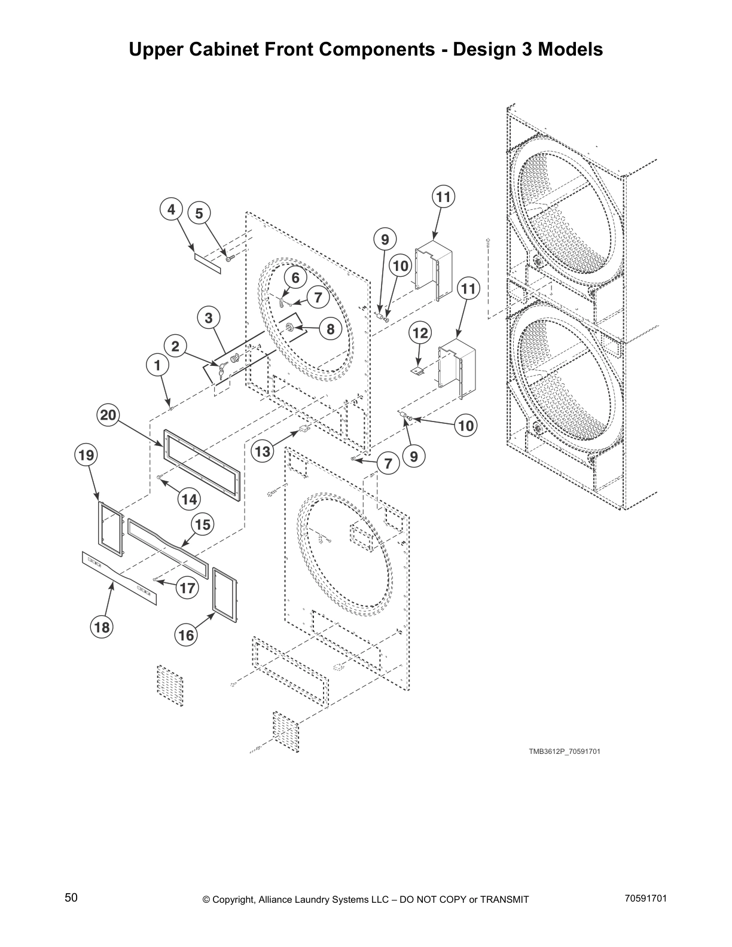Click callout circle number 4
[171, 210]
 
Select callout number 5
[199, 213]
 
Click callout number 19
[86, 456]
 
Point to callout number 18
[102, 627]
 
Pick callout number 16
[186, 635]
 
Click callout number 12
[420, 333]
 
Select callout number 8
[330, 328]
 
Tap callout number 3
[208, 318]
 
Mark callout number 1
[158, 365]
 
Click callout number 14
[189, 499]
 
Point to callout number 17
[187, 588]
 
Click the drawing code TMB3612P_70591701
[564, 752]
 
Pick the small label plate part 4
[208, 262]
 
